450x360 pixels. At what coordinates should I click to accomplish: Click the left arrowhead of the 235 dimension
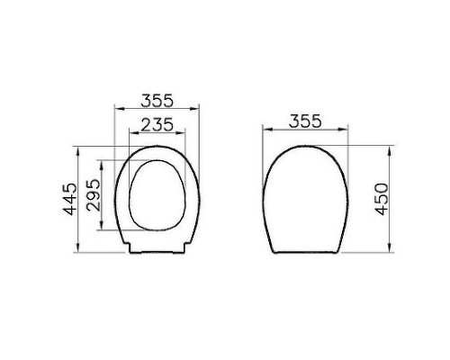[131, 136]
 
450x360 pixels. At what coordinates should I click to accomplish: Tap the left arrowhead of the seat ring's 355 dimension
[116, 109]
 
